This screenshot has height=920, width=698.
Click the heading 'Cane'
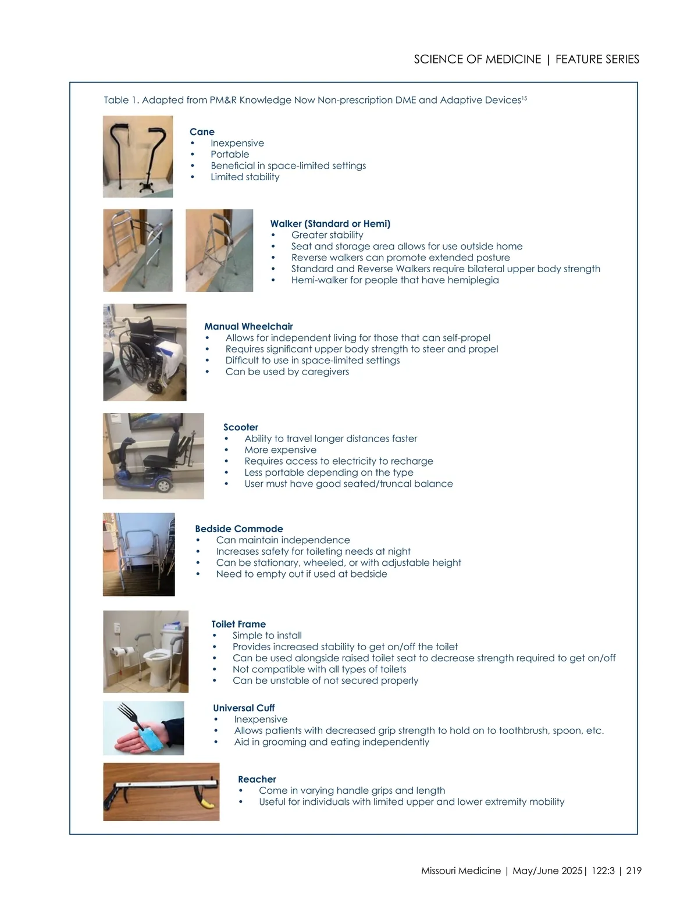point(202,132)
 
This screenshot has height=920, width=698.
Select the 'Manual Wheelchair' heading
point(248,327)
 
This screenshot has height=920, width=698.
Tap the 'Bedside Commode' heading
point(238,529)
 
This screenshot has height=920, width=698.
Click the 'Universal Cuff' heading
point(243,708)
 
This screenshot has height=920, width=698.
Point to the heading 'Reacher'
point(257,780)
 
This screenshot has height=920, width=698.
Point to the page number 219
point(633,871)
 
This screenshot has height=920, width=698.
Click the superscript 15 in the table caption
point(524,99)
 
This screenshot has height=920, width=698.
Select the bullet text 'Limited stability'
point(245,177)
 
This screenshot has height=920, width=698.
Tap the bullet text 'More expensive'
point(280,450)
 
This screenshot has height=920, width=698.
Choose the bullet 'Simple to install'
point(267,636)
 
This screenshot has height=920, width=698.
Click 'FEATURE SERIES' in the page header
point(597,59)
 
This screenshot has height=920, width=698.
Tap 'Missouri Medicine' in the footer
point(461,871)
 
